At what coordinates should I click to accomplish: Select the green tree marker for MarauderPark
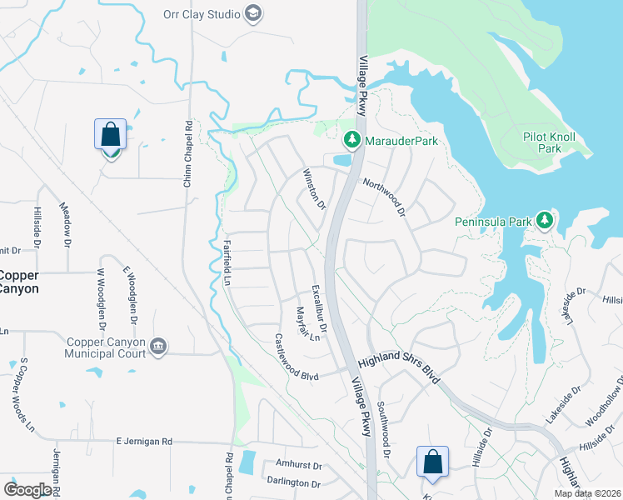click(352, 141)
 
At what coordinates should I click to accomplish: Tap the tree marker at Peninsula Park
click(546, 221)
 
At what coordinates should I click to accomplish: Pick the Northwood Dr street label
click(382, 197)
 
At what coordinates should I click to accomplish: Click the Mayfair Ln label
click(307, 324)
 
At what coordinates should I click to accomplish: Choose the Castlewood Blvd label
click(297, 358)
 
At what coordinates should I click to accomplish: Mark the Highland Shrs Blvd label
click(398, 364)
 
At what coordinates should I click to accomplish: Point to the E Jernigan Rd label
click(143, 441)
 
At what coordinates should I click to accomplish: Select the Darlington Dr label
click(293, 482)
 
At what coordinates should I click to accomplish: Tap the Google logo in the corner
click(27, 490)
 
